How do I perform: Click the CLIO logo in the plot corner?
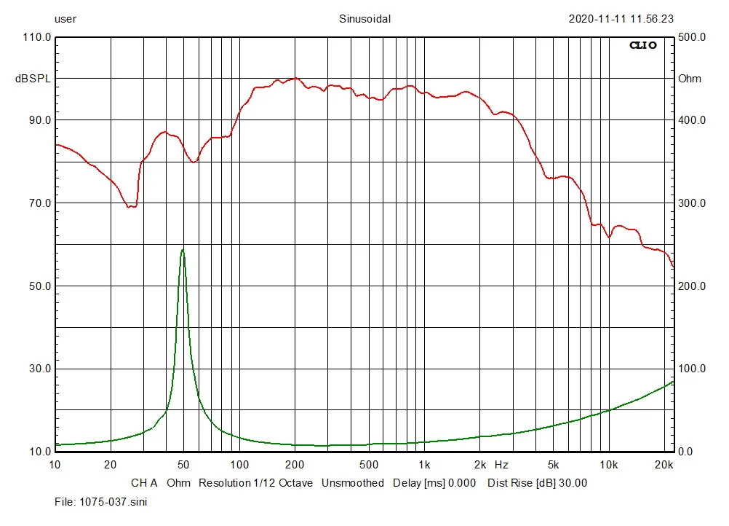point(642,45)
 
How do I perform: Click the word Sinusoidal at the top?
point(364,19)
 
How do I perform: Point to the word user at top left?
point(65,19)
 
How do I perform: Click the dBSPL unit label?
point(33,79)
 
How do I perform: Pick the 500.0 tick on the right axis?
point(692,37)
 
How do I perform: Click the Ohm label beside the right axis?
point(690,79)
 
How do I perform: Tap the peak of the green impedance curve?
point(183,250)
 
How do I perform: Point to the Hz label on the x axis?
point(502,464)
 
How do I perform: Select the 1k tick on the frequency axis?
point(424,464)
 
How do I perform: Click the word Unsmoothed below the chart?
point(352,483)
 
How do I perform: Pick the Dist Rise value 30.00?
point(572,483)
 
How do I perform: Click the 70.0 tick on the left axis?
point(38,203)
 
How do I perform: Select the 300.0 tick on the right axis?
point(692,203)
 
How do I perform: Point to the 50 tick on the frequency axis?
point(183,464)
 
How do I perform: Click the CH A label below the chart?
point(144,483)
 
